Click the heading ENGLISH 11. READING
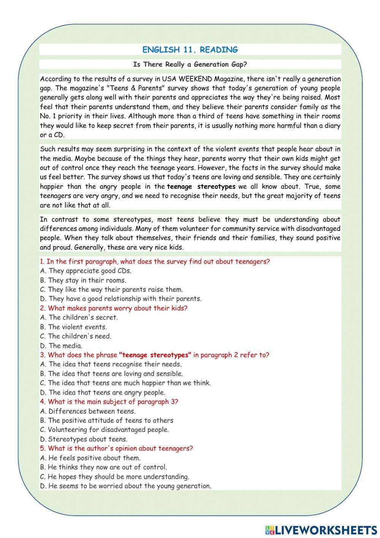tap(190, 49)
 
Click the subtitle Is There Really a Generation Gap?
tap(190, 64)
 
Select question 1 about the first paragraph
tap(155, 262)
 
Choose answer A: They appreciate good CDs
tap(86, 271)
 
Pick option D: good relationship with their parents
tap(121, 299)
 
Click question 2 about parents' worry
tap(114, 308)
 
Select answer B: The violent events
tap(73, 327)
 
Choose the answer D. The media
tap(61, 346)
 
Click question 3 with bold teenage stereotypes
tap(154, 355)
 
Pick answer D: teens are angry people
tap(103, 392)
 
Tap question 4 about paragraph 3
tap(109, 401)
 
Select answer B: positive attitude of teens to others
tap(107, 420)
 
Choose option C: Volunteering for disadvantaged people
tap(104, 429)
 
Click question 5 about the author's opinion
tap(116, 448)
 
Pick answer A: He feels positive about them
tap(90, 458)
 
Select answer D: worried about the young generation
tap(125, 486)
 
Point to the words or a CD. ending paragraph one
tap(52, 135)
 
